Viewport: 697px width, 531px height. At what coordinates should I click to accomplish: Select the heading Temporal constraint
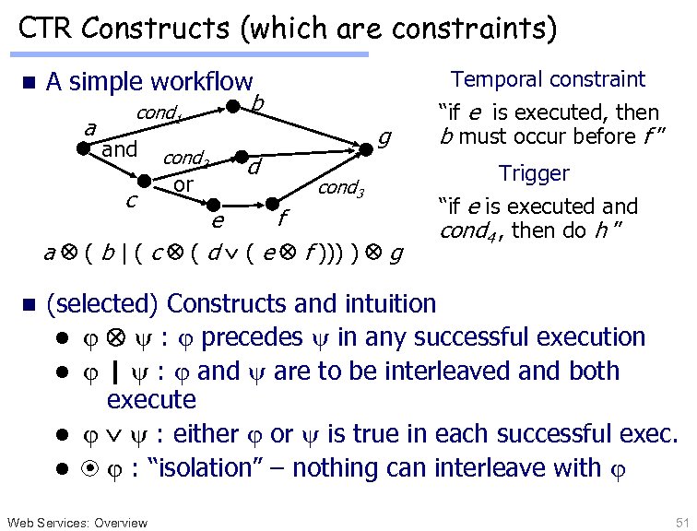pos(548,79)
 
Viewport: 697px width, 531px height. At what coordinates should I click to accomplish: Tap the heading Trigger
pos(534,173)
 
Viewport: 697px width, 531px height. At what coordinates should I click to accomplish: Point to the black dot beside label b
pos(236,106)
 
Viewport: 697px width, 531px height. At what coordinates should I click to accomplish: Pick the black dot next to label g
pos(368,146)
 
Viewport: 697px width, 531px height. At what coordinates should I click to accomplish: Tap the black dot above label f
pos(274,202)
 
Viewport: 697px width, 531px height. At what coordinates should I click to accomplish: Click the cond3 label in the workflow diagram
pos(342,189)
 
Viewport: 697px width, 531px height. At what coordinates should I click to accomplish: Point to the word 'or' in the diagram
pos(184,184)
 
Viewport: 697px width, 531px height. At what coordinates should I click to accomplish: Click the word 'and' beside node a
pos(120,148)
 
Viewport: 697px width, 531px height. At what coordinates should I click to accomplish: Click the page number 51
pos(681,522)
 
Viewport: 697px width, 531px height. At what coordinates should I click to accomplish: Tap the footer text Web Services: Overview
pos(77,523)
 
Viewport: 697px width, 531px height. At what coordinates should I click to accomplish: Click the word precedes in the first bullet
pos(252,336)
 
